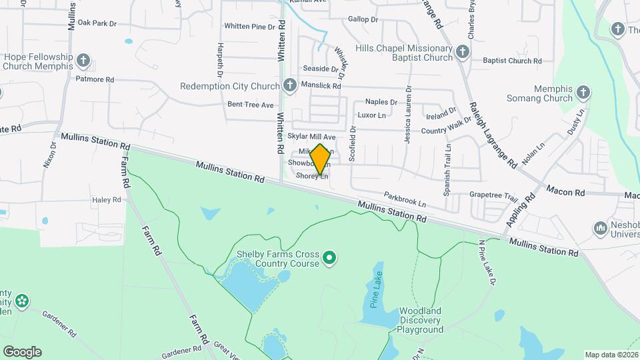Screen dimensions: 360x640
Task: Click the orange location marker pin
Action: click(320, 159)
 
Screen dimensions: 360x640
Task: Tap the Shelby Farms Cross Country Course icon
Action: click(329, 257)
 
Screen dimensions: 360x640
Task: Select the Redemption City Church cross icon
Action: click(289, 85)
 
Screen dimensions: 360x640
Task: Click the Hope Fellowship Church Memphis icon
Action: click(83, 61)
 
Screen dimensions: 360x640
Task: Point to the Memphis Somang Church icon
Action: click(583, 92)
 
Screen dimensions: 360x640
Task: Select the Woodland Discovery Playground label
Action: click(420, 320)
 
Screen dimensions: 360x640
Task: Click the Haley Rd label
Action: click(107, 199)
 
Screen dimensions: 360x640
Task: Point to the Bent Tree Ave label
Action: click(251, 105)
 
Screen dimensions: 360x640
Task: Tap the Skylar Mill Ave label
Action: click(312, 137)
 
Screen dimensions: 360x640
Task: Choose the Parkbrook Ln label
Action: click(405, 198)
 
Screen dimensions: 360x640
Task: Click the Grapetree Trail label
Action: click(493, 197)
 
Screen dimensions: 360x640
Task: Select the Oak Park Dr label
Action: click(97, 23)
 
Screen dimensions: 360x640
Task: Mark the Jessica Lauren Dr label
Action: click(407, 114)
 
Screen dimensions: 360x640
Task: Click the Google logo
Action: click(22, 352)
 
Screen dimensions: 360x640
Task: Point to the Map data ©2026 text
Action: click(611, 355)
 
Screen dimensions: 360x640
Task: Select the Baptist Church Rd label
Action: click(512, 61)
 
